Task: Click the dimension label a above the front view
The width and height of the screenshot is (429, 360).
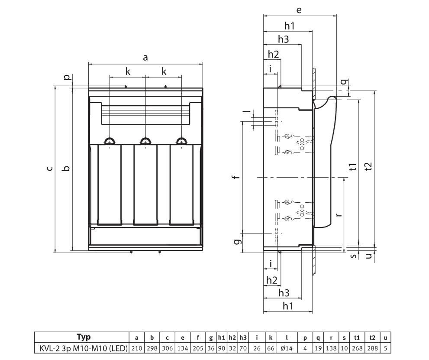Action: [145, 58]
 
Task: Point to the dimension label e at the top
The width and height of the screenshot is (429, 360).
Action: [299, 10]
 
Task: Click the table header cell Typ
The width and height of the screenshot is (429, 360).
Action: [81, 337]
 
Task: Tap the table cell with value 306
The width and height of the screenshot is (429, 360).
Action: [167, 348]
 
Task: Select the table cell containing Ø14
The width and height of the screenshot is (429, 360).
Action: [287, 348]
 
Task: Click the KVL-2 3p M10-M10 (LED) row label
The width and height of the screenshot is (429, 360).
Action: [81, 348]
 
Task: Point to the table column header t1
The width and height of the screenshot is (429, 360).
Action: [357, 337]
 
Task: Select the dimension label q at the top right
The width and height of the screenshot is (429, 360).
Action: [343, 82]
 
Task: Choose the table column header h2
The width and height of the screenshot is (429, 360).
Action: [232, 337]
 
